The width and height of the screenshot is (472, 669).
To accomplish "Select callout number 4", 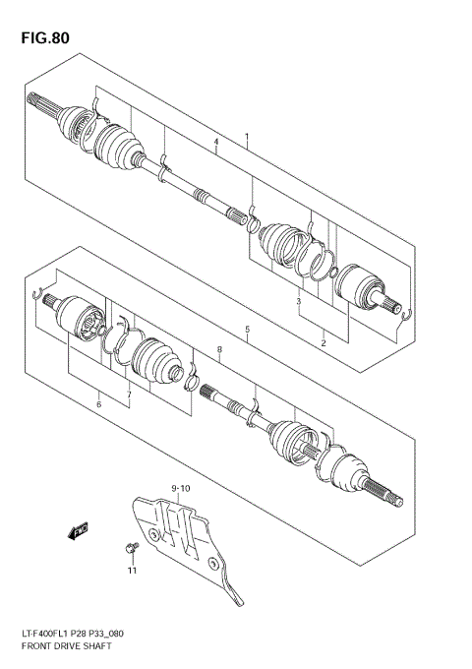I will click(x=215, y=144).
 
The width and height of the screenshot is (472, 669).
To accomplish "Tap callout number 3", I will click(x=298, y=301).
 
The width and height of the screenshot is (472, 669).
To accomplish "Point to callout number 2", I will click(x=323, y=342).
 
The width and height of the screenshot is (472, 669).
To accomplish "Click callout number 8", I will click(x=220, y=349).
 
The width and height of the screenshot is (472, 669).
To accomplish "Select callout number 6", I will click(x=98, y=403).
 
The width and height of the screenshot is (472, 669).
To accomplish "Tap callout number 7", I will click(x=128, y=395).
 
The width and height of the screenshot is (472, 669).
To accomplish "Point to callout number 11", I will click(x=131, y=569).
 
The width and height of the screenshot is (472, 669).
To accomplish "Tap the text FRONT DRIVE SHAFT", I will click(x=67, y=647).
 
